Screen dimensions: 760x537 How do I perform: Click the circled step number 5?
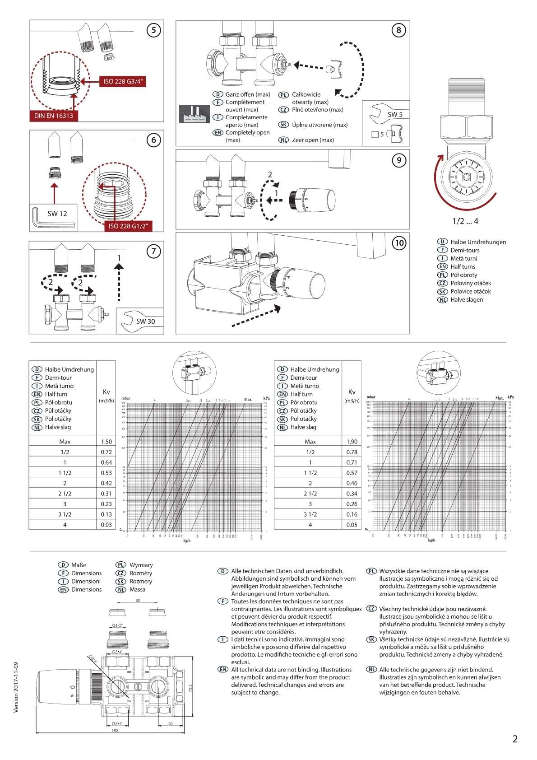[154, 30]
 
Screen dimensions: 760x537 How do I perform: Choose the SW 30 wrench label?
[140, 321]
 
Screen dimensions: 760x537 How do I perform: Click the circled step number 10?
[399, 243]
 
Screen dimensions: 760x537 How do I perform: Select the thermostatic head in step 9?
[312, 200]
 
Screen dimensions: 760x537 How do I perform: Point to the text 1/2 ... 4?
[465, 221]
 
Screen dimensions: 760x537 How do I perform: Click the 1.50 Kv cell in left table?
[106, 442]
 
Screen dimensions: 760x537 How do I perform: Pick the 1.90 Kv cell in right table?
[352, 442]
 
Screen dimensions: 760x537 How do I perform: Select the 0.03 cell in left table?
[106, 525]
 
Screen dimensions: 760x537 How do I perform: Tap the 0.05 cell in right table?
[352, 525]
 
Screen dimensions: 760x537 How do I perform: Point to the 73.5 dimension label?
[190, 689]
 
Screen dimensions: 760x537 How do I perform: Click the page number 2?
[515, 739]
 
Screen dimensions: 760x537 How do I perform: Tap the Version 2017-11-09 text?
[16, 687]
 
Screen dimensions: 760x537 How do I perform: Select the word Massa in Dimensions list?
[137, 589]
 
